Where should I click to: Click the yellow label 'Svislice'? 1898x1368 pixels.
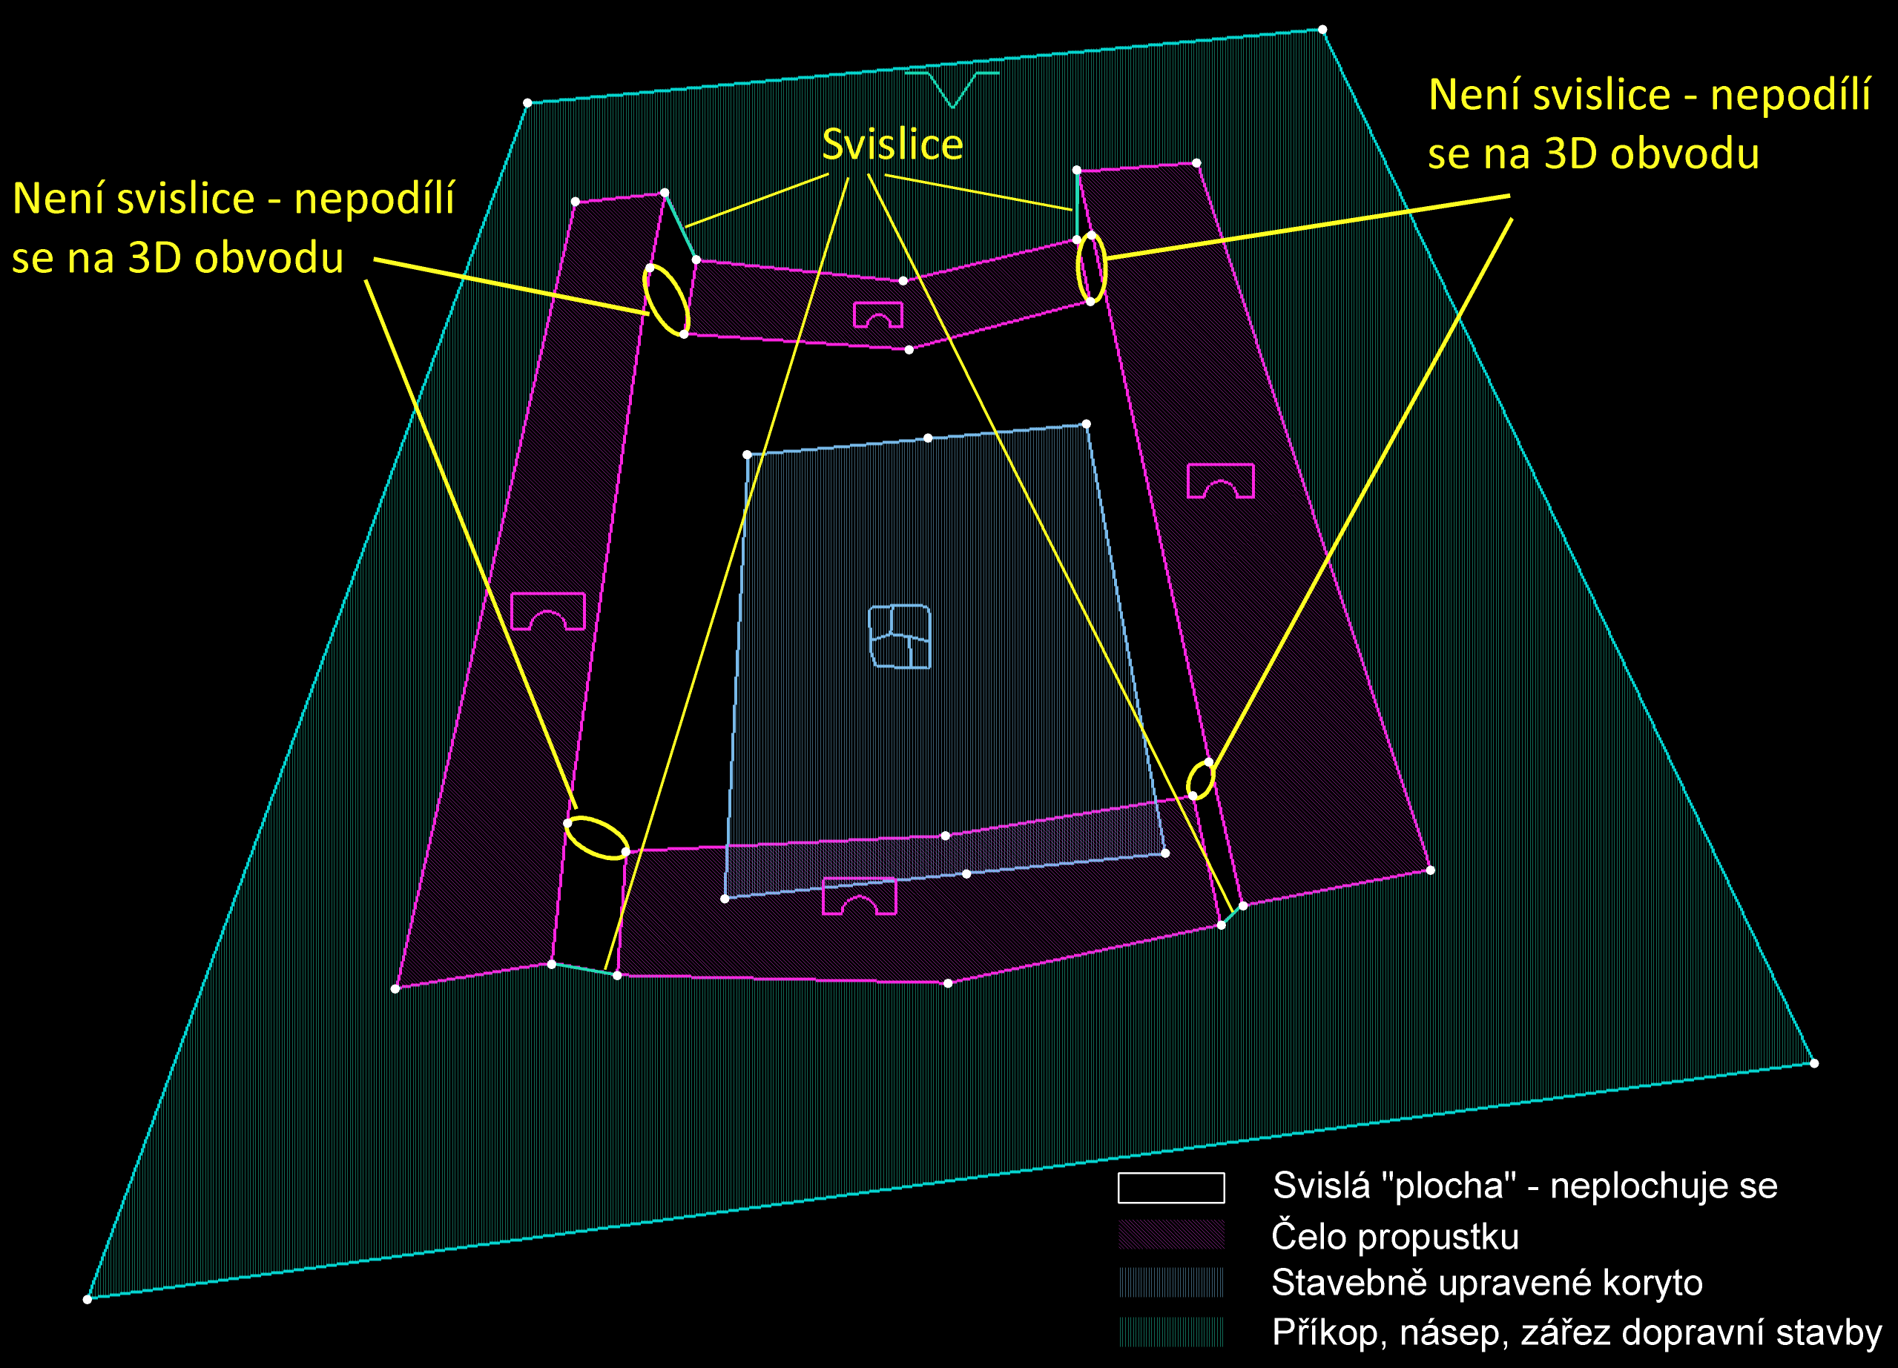coord(892,144)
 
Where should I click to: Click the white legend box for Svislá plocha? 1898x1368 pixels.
coord(1171,1187)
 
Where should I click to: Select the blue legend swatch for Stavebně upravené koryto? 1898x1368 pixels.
coord(1171,1283)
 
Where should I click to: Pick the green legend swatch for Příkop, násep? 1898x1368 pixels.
coord(1171,1331)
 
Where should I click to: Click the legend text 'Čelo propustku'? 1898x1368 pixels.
coord(1394,1237)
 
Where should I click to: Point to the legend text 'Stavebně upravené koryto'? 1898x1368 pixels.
coord(1486,1283)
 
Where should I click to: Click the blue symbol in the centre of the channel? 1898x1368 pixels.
coord(900,636)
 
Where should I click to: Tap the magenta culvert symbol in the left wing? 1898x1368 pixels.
coord(547,612)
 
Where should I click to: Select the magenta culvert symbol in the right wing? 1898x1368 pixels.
coord(1220,481)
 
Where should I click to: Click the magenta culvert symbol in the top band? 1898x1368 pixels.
coord(878,315)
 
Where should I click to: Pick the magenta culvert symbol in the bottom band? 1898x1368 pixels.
coord(859,896)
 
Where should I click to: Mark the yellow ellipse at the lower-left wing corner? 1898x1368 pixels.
coord(596,838)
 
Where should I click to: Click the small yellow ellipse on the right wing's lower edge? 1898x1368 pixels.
coord(1200,780)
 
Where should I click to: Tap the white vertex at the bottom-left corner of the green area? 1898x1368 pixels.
coord(87,1299)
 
